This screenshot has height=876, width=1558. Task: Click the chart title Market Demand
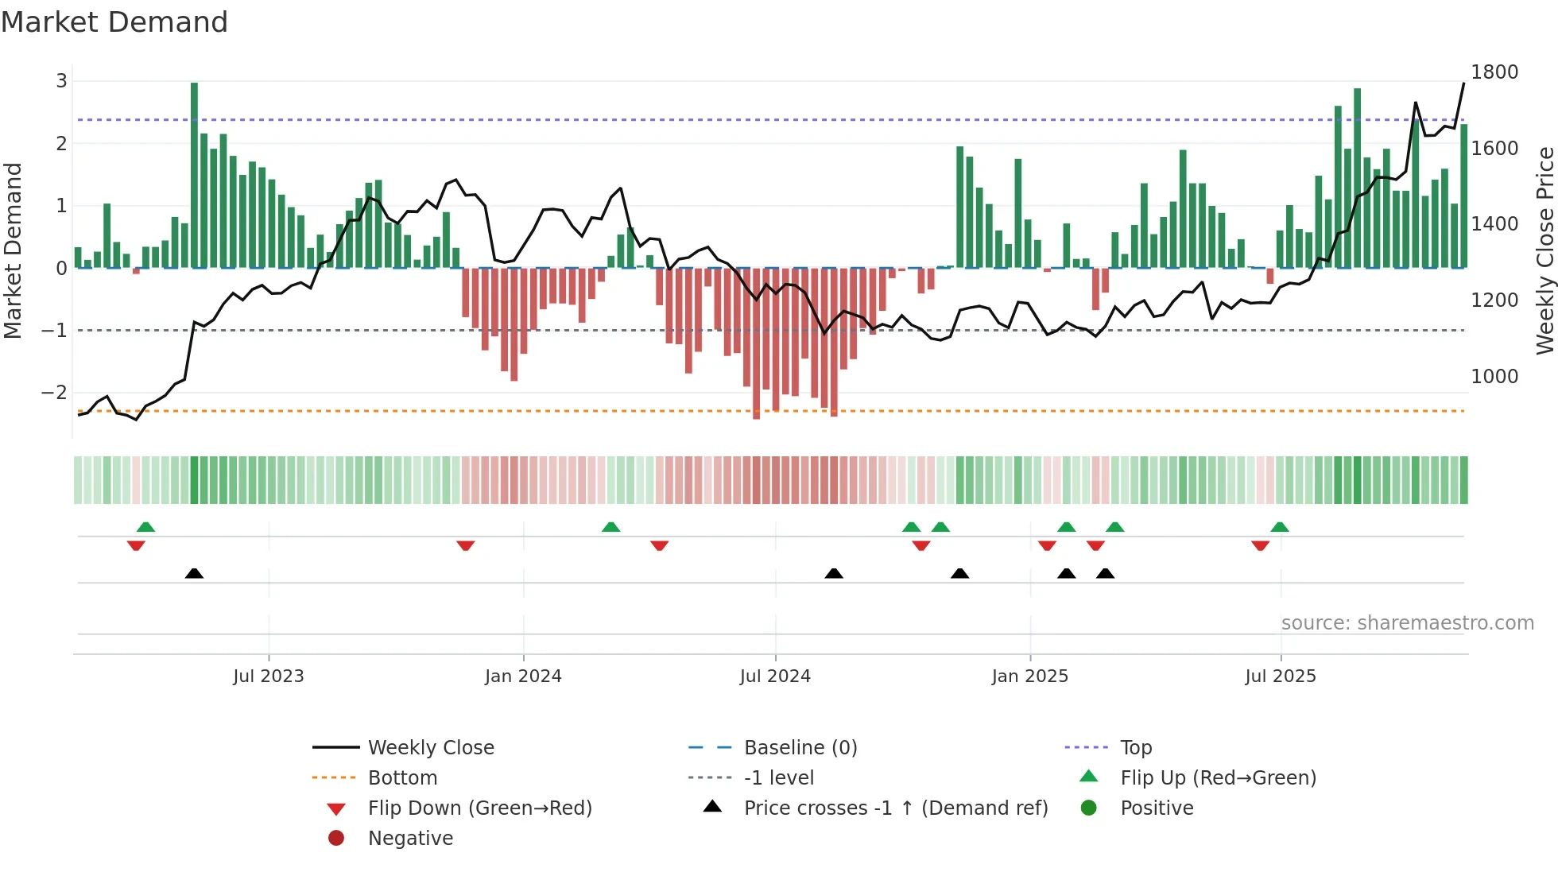(x=114, y=22)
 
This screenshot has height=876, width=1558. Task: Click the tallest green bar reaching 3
(x=194, y=175)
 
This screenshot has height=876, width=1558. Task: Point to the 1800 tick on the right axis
(x=1494, y=72)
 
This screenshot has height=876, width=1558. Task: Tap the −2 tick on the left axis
(x=54, y=392)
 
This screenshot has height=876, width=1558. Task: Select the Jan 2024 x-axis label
(x=523, y=676)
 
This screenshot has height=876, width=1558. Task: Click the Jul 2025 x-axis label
(x=1280, y=676)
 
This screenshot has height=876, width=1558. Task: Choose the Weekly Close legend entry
(x=430, y=748)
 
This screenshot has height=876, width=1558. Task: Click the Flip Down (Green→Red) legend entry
(x=479, y=808)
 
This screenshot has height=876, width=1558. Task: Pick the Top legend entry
(x=1135, y=748)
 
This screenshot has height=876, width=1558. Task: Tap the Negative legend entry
(x=410, y=839)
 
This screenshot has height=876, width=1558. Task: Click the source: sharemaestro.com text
(x=1407, y=623)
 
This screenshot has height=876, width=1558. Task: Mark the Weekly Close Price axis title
(x=1544, y=250)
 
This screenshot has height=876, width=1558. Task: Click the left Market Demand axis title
(x=13, y=250)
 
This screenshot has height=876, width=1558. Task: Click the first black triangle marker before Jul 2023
(x=194, y=573)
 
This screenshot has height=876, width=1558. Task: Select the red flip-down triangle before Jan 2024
(x=466, y=545)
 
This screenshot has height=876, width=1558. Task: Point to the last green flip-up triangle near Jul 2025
(x=1279, y=527)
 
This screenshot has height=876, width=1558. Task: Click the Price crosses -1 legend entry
(x=895, y=808)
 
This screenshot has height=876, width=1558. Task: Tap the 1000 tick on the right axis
(x=1494, y=377)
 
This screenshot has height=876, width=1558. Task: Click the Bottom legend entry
(x=402, y=778)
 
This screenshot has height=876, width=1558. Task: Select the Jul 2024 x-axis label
(x=775, y=676)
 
